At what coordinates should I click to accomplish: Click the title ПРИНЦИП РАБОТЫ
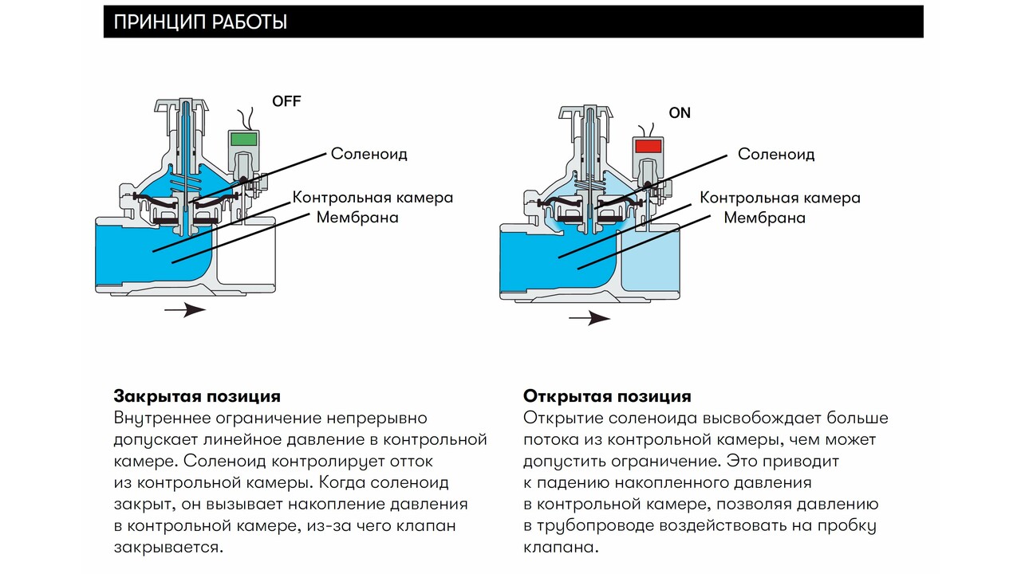[200, 22]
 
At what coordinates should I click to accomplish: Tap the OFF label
[286, 101]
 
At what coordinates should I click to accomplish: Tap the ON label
[680, 113]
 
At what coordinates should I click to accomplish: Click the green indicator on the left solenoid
[244, 139]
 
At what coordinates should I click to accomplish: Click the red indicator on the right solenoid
[648, 146]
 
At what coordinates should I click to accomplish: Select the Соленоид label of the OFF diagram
[369, 154]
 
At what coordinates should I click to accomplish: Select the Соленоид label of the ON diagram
[776, 154]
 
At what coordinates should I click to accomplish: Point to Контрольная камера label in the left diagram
[373, 197]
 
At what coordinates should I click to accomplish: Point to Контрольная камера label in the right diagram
[780, 197]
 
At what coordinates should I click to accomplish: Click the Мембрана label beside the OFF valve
[357, 217]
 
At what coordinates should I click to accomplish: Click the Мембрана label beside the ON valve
[764, 218]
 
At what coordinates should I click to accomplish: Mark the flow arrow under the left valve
[185, 310]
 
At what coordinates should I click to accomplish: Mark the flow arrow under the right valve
[589, 319]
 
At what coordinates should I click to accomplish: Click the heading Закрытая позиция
[197, 396]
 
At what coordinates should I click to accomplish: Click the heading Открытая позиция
[607, 396]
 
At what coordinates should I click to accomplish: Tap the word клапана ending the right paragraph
[559, 548]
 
